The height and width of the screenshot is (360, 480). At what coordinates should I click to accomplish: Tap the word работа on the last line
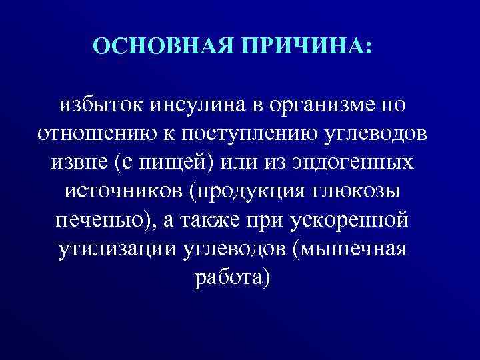(x=229, y=277)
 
